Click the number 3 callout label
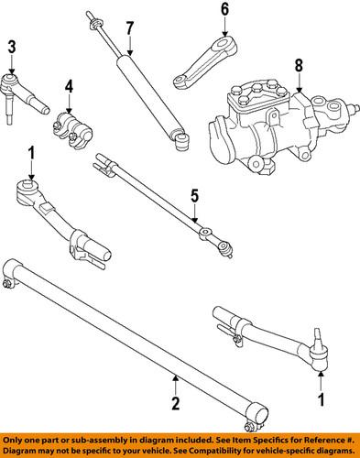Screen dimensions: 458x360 10,48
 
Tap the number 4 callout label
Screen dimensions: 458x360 68,89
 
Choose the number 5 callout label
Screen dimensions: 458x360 194,194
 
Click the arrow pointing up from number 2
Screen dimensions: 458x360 174,380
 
